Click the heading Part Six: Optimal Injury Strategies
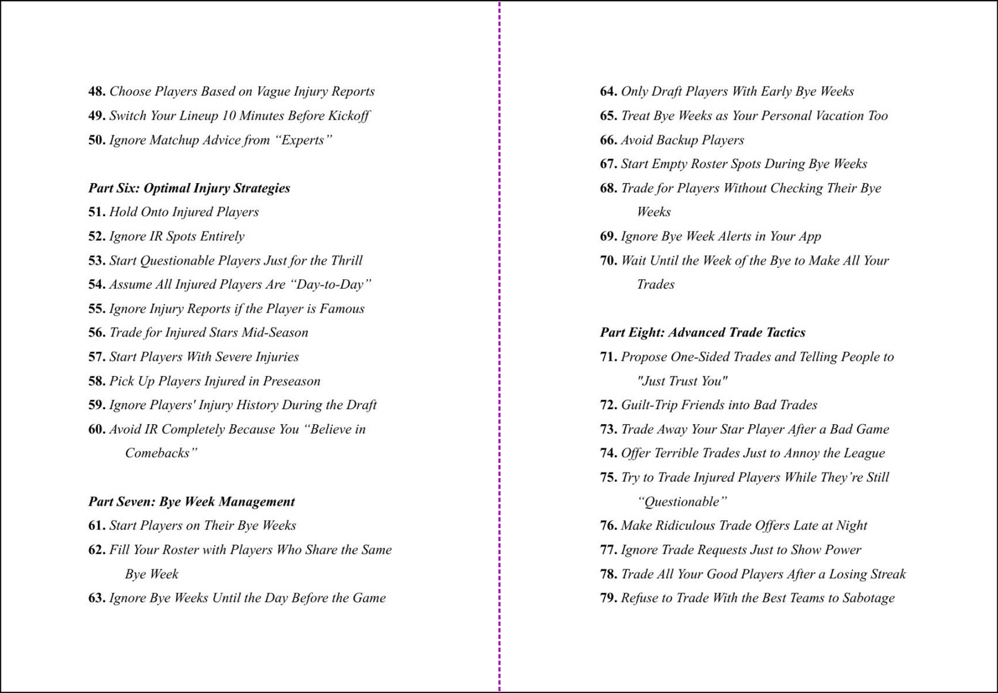189,188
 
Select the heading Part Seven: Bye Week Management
191,502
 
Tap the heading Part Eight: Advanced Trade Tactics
702,332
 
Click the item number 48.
97,91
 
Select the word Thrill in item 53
346,260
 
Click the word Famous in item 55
342,309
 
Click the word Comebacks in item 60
159,453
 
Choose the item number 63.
97,598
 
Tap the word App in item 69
809,236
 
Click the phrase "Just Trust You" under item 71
682,381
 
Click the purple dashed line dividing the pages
499,345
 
